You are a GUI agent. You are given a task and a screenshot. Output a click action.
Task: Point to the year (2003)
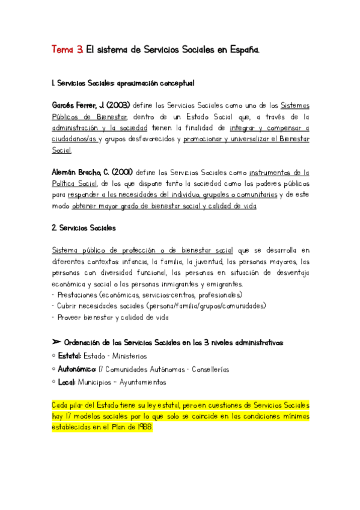118,105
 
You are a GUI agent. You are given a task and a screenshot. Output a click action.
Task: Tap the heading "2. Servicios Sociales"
84,228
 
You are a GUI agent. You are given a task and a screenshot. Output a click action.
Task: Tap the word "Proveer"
69,317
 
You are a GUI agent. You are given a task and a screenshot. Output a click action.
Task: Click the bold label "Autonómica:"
78,369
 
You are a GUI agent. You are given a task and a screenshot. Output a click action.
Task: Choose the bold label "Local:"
67,382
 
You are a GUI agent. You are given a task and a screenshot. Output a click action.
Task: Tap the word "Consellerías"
208,369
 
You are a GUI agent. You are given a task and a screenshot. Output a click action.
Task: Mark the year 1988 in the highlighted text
144,426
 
